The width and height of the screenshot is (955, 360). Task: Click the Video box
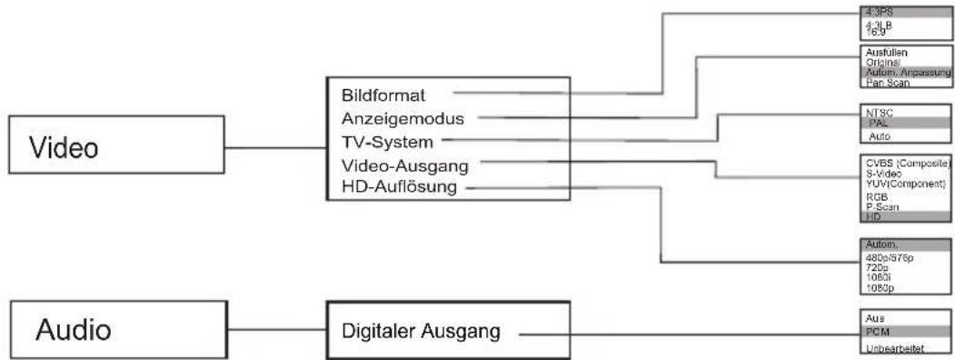[114, 148]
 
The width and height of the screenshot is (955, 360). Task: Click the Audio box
[114, 328]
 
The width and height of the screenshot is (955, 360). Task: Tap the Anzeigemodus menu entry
[403, 118]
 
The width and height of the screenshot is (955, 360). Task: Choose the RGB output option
[876, 195]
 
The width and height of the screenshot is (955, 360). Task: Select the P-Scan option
[880, 206]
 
